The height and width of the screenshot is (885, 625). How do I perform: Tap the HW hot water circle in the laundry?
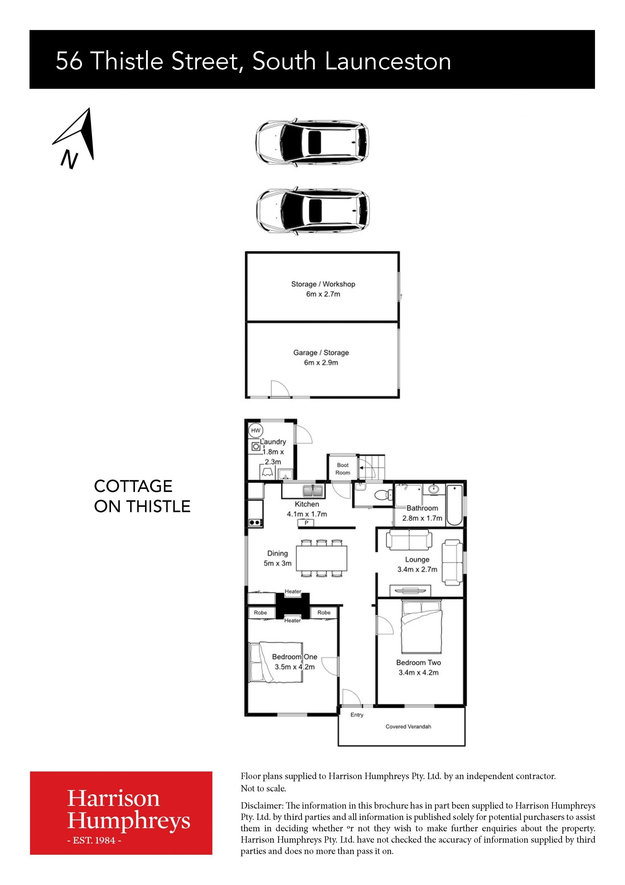256,430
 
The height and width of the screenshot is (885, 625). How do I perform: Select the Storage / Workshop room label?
323,284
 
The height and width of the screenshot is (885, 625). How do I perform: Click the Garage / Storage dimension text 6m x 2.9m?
321,363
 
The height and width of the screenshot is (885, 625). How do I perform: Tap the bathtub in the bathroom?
455,505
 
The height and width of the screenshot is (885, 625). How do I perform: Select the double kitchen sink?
314,491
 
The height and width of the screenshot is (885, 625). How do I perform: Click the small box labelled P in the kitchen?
306,523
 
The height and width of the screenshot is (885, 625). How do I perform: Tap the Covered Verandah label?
409,726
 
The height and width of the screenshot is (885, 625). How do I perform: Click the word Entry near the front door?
357,715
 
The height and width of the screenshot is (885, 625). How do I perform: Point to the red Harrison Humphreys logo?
121,818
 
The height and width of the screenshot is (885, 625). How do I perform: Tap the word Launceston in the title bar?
388,62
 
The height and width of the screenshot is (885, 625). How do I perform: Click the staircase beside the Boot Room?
372,467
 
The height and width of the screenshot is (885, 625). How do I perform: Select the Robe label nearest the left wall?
260,612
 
